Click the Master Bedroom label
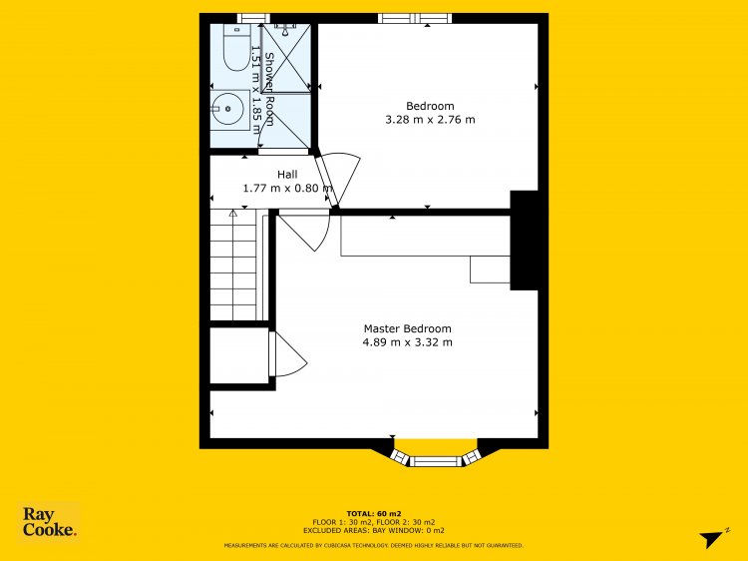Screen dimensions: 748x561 pyautogui.click(x=407, y=328)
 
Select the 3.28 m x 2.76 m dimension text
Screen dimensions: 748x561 pyautogui.click(x=430, y=120)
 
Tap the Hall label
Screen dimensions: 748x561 pyautogui.click(x=287, y=175)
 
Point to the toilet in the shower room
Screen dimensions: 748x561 pyautogui.click(x=237, y=48)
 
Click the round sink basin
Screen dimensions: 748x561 pyautogui.click(x=228, y=110)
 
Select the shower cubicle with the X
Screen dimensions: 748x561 pyautogui.click(x=286, y=58)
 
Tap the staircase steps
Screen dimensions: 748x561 pyautogui.click(x=233, y=265)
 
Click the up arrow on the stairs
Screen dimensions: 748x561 pyautogui.click(x=232, y=214)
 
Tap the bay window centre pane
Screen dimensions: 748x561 pyautogui.click(x=436, y=461)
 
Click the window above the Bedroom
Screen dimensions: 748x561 pyautogui.click(x=415, y=18)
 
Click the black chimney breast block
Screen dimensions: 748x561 pyautogui.click(x=525, y=241)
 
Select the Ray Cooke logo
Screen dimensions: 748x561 pyautogui.click(x=49, y=522)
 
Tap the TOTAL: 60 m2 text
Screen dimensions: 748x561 pyautogui.click(x=374, y=514)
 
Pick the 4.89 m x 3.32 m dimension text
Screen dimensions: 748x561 pyautogui.click(x=407, y=342)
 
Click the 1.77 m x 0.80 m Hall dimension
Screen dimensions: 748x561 pyautogui.click(x=288, y=188)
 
